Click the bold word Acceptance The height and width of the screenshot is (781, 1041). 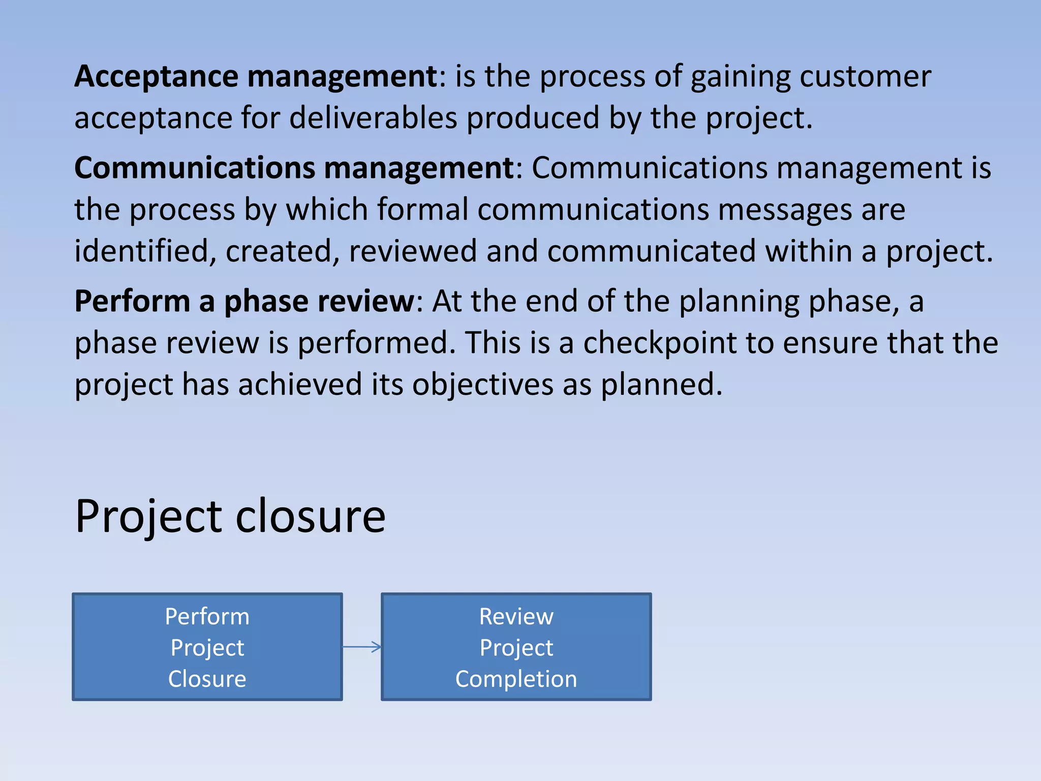pos(156,77)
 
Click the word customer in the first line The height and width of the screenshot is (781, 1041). pos(865,77)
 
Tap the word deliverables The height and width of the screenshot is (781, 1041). pos(374,118)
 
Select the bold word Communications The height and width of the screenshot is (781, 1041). pos(195,168)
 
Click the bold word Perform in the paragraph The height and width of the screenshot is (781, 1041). pos(132,302)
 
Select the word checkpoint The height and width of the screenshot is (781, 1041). pos(660,343)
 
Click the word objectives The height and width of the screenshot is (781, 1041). pos(482,384)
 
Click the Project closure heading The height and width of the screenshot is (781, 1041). pos(230,517)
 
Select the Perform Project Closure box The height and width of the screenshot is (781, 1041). pos(207,647)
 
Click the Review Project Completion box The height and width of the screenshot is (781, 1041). pos(516,647)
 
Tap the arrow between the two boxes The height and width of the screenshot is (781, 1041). pos(362,647)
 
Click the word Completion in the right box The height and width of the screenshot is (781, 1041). pos(516,679)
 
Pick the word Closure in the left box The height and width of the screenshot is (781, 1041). pos(207,679)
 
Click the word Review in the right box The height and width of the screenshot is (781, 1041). pos(516,617)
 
